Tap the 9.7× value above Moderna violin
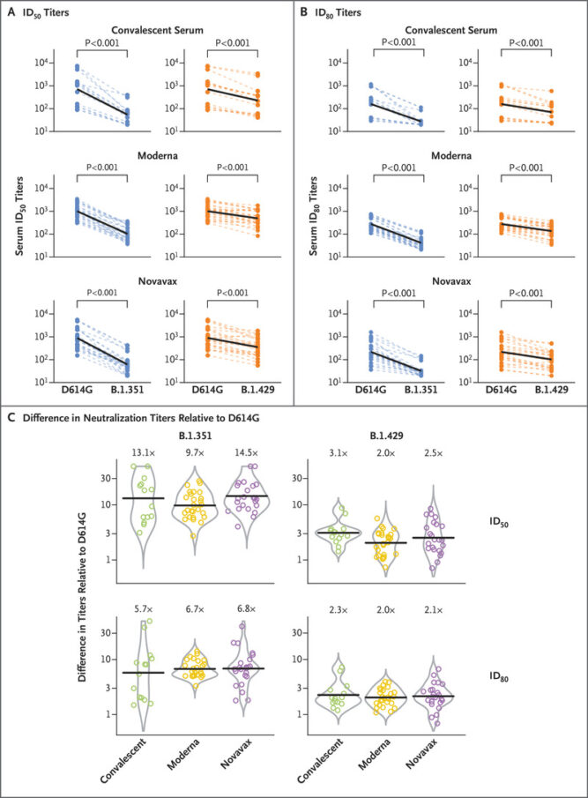tap(191, 454)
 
